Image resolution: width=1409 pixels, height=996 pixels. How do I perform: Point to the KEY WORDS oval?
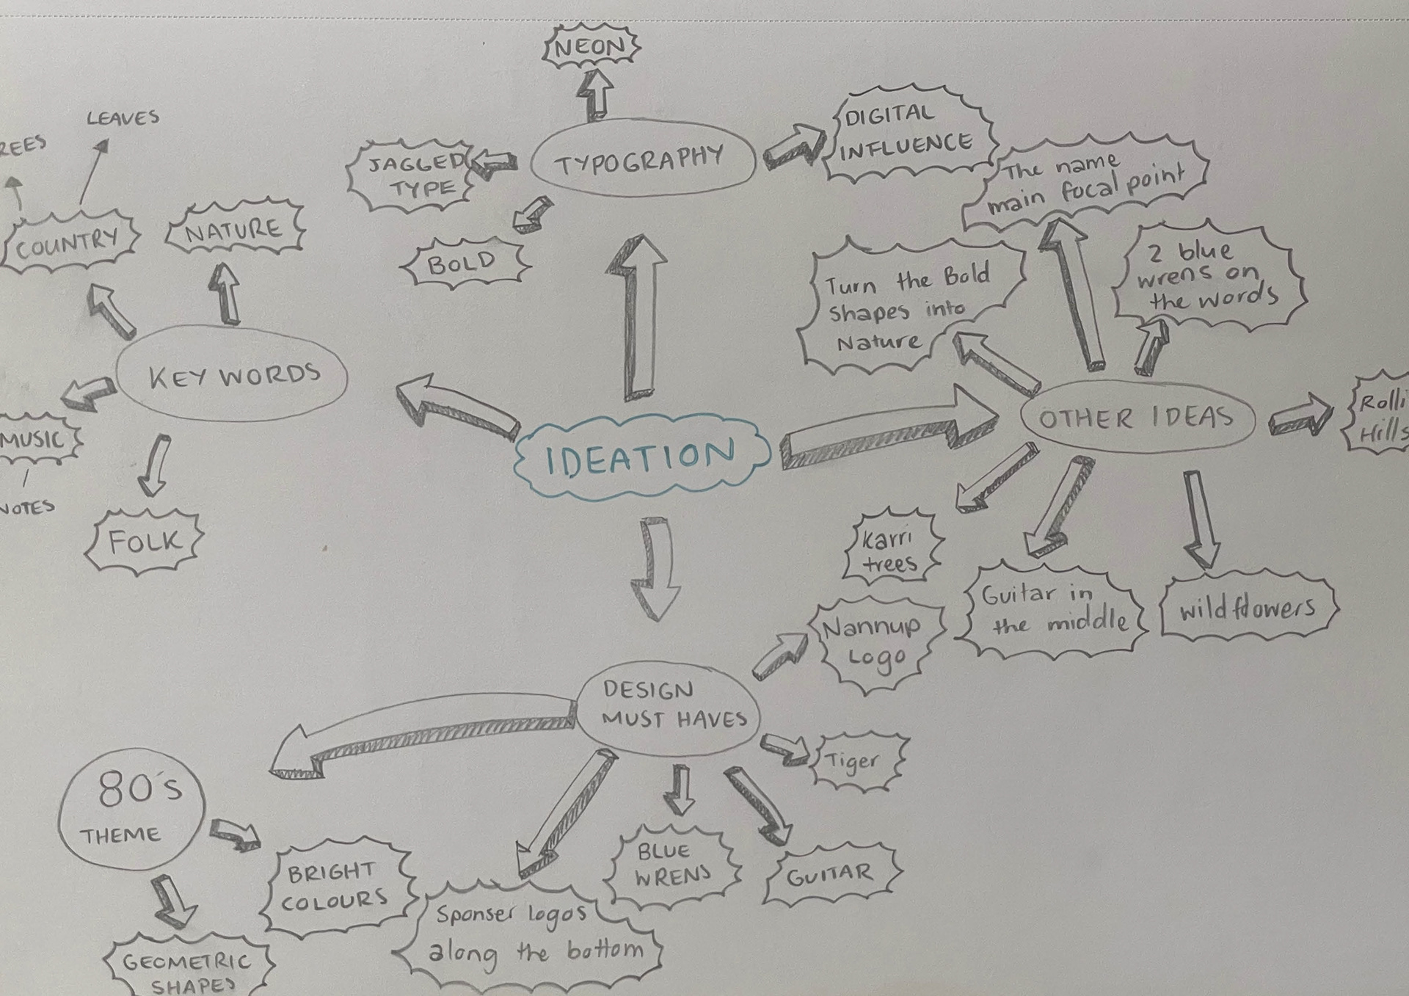233,375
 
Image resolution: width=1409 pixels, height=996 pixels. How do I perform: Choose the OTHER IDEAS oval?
1137,418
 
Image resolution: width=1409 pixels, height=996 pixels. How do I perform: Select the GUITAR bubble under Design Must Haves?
831,875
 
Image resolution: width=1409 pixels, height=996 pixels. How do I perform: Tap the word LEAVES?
123,117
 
